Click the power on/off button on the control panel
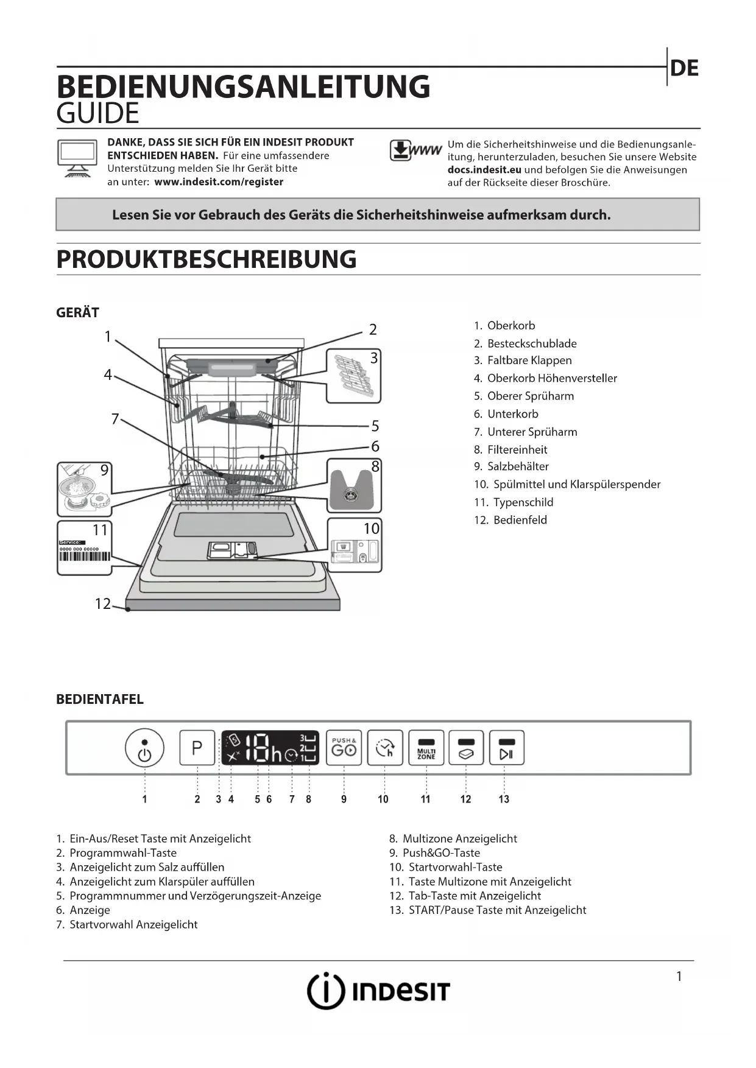click(x=144, y=748)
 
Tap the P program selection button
click(x=197, y=748)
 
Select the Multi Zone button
click(x=426, y=748)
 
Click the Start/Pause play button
click(x=506, y=748)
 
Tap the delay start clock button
click(x=385, y=748)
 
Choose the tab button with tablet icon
click(x=466, y=748)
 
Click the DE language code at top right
click(x=684, y=68)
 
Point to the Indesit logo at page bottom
click(x=378, y=991)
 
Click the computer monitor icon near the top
click(x=77, y=158)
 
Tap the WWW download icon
click(x=415, y=150)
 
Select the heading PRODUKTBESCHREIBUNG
click(x=207, y=259)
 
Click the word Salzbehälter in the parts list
click(x=518, y=466)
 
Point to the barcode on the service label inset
click(x=85, y=556)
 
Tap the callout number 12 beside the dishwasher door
click(x=102, y=603)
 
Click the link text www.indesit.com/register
click(x=219, y=181)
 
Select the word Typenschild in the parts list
click(x=523, y=502)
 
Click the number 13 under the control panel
click(x=504, y=799)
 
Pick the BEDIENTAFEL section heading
click(x=100, y=699)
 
